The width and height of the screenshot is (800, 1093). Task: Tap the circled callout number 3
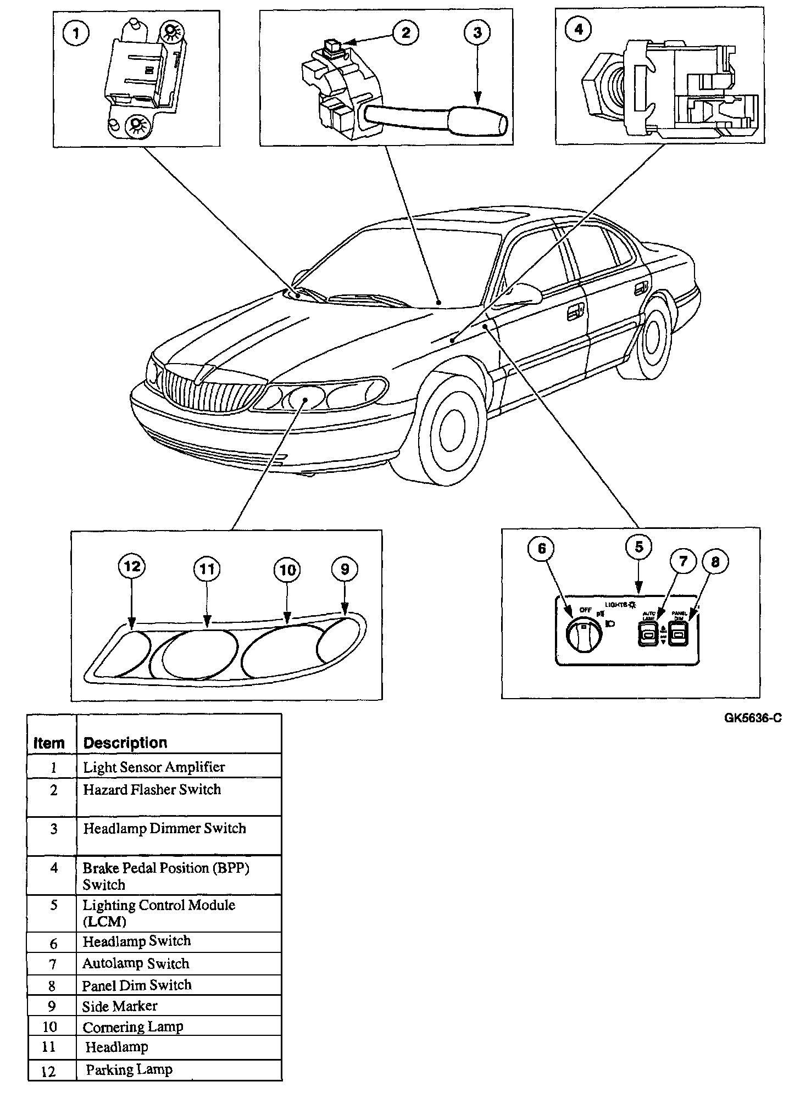point(477,33)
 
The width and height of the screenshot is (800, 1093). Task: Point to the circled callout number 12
point(132,566)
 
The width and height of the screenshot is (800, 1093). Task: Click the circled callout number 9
point(345,569)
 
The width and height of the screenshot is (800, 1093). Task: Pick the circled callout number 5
point(638,546)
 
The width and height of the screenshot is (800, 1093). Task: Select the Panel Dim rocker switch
point(679,635)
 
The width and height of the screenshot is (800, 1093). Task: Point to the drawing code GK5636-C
point(752,718)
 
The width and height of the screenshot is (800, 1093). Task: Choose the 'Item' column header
point(49,743)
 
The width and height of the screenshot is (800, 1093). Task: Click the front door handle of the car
point(575,313)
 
